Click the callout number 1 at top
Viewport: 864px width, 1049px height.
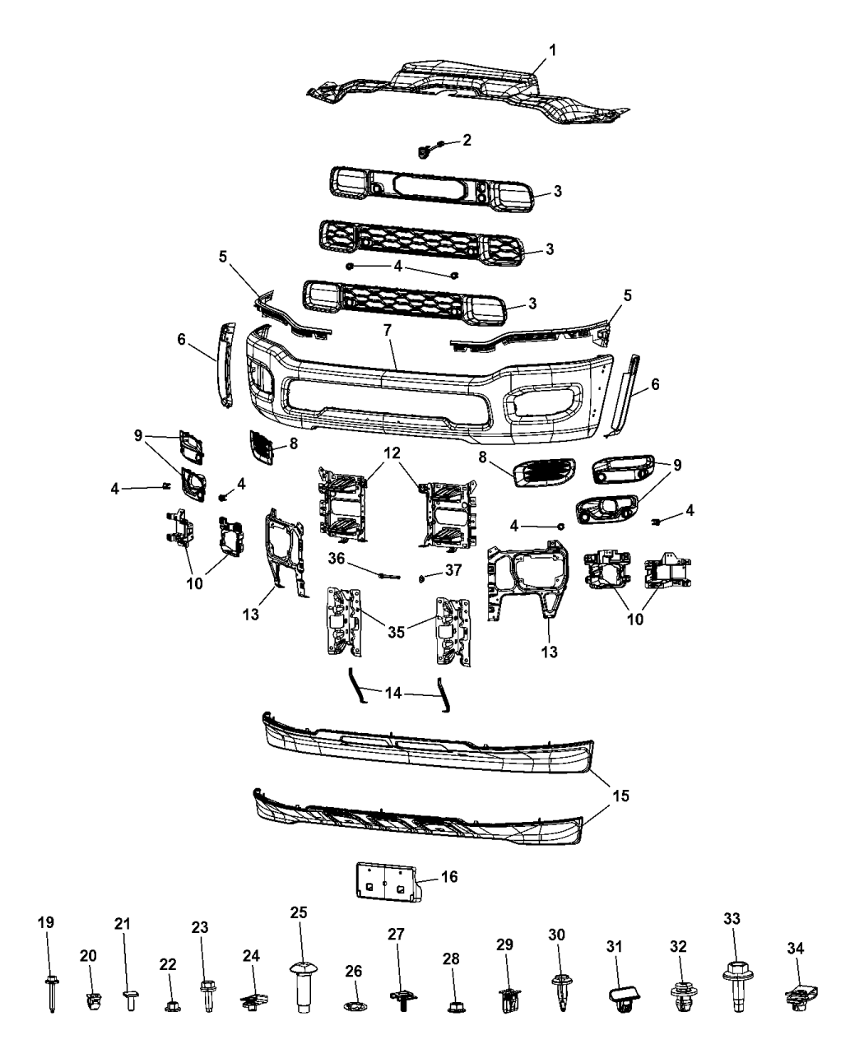[x=553, y=51]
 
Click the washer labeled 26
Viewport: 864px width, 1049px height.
[x=353, y=1007]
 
